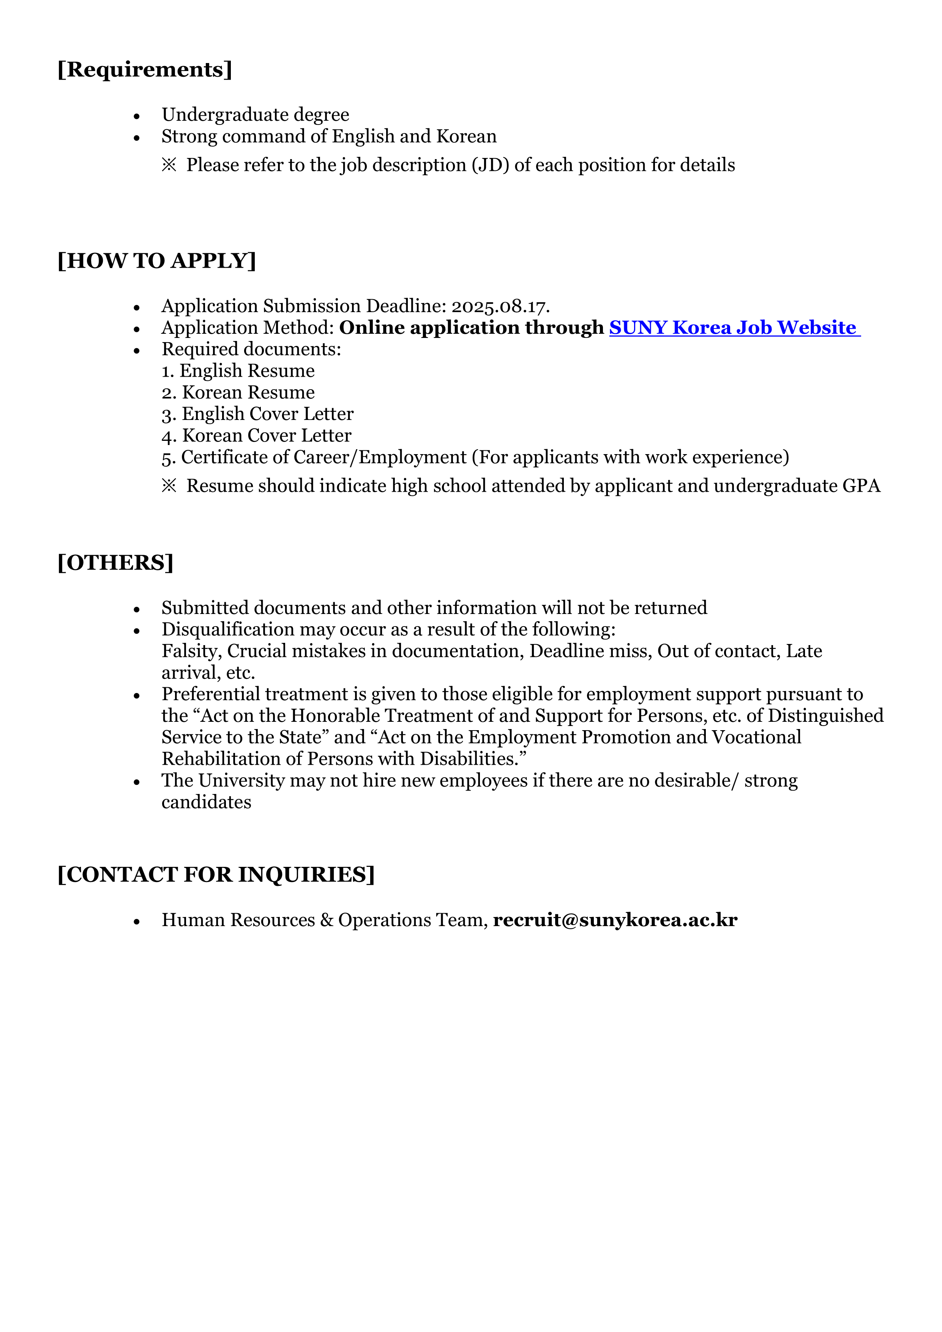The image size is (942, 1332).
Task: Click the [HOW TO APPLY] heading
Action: (156, 261)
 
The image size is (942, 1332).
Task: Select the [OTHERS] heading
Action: (115, 563)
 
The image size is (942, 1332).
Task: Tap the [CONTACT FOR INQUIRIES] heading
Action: (216, 875)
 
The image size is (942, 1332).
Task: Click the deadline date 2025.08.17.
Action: (500, 306)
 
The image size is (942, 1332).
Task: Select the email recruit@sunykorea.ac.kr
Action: (615, 920)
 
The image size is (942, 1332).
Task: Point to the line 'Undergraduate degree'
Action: (255, 115)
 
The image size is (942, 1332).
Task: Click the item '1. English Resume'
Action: (238, 371)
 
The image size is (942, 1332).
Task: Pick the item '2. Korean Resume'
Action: (238, 393)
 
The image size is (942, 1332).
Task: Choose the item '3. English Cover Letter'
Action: (257, 414)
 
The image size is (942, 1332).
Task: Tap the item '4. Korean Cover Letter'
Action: (256, 436)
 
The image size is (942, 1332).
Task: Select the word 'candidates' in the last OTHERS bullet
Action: (207, 802)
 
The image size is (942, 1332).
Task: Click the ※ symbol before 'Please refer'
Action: (169, 165)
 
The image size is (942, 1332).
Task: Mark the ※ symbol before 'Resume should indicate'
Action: (169, 486)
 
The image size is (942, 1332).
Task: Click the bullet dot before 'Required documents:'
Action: (137, 350)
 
